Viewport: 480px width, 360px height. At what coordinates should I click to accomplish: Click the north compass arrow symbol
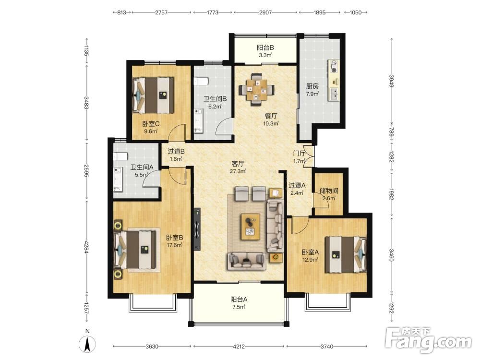pyautogui.click(x=87, y=344)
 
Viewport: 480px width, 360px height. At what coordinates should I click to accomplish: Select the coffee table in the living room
pyautogui.click(x=251, y=227)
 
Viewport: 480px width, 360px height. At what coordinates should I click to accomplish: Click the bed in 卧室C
pyautogui.click(x=153, y=95)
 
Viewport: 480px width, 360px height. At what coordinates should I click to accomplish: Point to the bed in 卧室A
pyautogui.click(x=346, y=254)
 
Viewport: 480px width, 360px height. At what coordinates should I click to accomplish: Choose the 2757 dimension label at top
pyautogui.click(x=161, y=12)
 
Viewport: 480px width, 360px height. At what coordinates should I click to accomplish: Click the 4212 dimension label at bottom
pyautogui.click(x=239, y=347)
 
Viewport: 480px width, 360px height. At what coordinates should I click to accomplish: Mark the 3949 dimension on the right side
pyautogui.click(x=391, y=81)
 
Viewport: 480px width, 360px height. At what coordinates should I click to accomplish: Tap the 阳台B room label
pyautogui.click(x=265, y=48)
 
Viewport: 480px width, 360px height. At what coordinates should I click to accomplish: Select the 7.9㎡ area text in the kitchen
pyautogui.click(x=312, y=94)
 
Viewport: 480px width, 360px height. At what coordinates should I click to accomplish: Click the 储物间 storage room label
pyautogui.click(x=329, y=191)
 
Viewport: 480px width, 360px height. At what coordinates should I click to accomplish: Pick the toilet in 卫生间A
pyautogui.click(x=120, y=157)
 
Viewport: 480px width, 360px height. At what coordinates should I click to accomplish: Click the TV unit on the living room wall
pyautogui.click(x=197, y=229)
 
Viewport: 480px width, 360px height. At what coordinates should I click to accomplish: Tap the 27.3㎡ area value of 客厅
pyautogui.click(x=238, y=171)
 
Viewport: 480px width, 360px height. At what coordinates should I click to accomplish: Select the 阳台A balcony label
pyautogui.click(x=239, y=300)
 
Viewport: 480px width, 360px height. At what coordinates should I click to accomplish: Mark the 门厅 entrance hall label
pyautogui.click(x=299, y=154)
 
